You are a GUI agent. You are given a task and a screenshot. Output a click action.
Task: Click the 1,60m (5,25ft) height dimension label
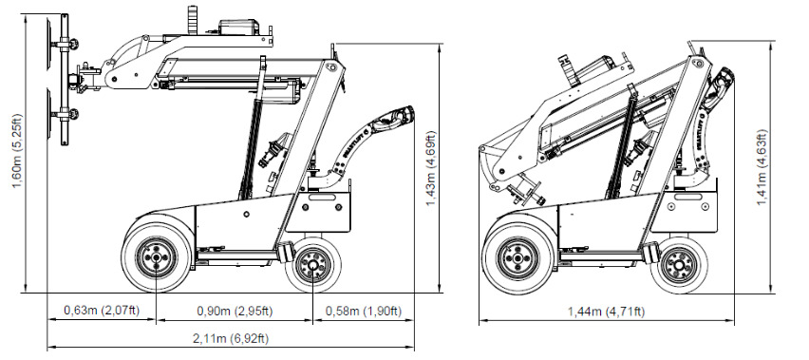pyautogui.click(x=17, y=151)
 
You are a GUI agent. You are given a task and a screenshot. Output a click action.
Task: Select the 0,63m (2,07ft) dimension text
pyautogui.click(x=102, y=311)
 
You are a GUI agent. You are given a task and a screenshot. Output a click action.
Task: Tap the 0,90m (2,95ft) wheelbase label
pyautogui.click(x=235, y=311)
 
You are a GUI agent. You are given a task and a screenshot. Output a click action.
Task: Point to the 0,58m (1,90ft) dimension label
pyautogui.click(x=364, y=311)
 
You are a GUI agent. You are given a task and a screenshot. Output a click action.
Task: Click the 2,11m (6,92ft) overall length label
pyautogui.click(x=231, y=338)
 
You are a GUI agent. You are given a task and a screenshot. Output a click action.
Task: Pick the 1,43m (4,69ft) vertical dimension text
pyautogui.click(x=431, y=169)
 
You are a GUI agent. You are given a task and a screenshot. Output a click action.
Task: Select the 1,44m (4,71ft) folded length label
pyautogui.click(x=606, y=311)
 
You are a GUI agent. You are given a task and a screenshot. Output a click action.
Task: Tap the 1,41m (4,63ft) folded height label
pyautogui.click(x=762, y=167)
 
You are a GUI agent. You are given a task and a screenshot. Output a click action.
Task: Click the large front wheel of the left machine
pyautogui.click(x=157, y=256)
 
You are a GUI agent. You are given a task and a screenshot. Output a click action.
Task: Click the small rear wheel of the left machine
pyautogui.click(x=313, y=265)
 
